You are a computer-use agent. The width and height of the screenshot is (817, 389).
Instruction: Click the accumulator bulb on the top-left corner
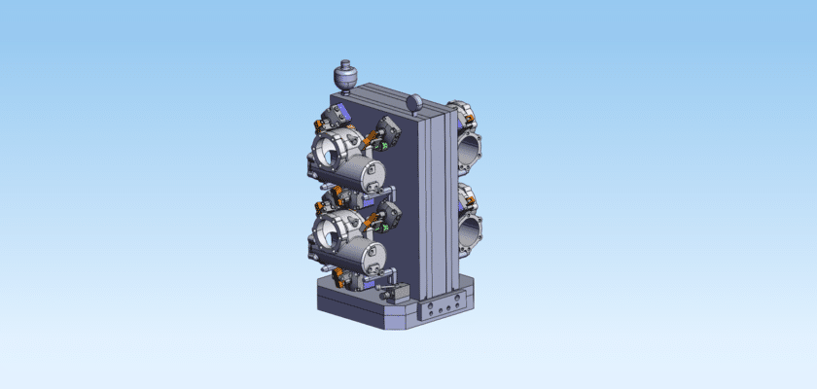[344, 74]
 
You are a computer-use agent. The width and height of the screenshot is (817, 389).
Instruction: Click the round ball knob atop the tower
[415, 101]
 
